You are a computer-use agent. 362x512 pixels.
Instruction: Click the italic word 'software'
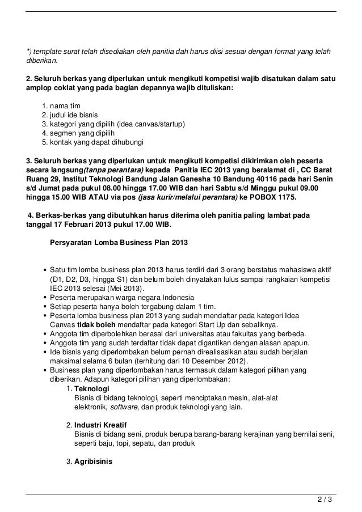point(125,407)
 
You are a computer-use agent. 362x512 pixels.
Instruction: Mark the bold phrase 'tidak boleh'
point(96,325)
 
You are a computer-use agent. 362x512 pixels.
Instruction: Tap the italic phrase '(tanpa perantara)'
point(113,170)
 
